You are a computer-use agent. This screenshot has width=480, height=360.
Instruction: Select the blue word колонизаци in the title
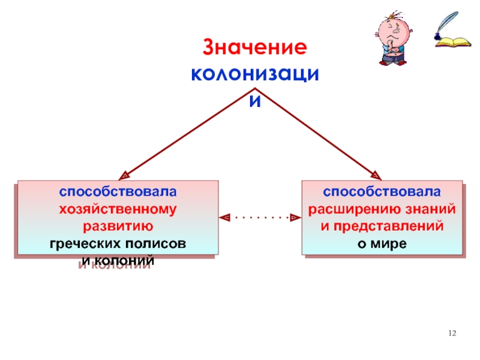point(255,74)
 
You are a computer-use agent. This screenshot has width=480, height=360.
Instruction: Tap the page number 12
point(453,333)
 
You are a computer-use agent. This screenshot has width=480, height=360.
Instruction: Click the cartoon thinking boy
point(392,38)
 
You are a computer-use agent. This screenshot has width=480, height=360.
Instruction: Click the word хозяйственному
point(117,209)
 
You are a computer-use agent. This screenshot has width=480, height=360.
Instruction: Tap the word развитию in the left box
point(117,227)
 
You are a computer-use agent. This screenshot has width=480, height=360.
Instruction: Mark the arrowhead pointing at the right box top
point(376,176)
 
